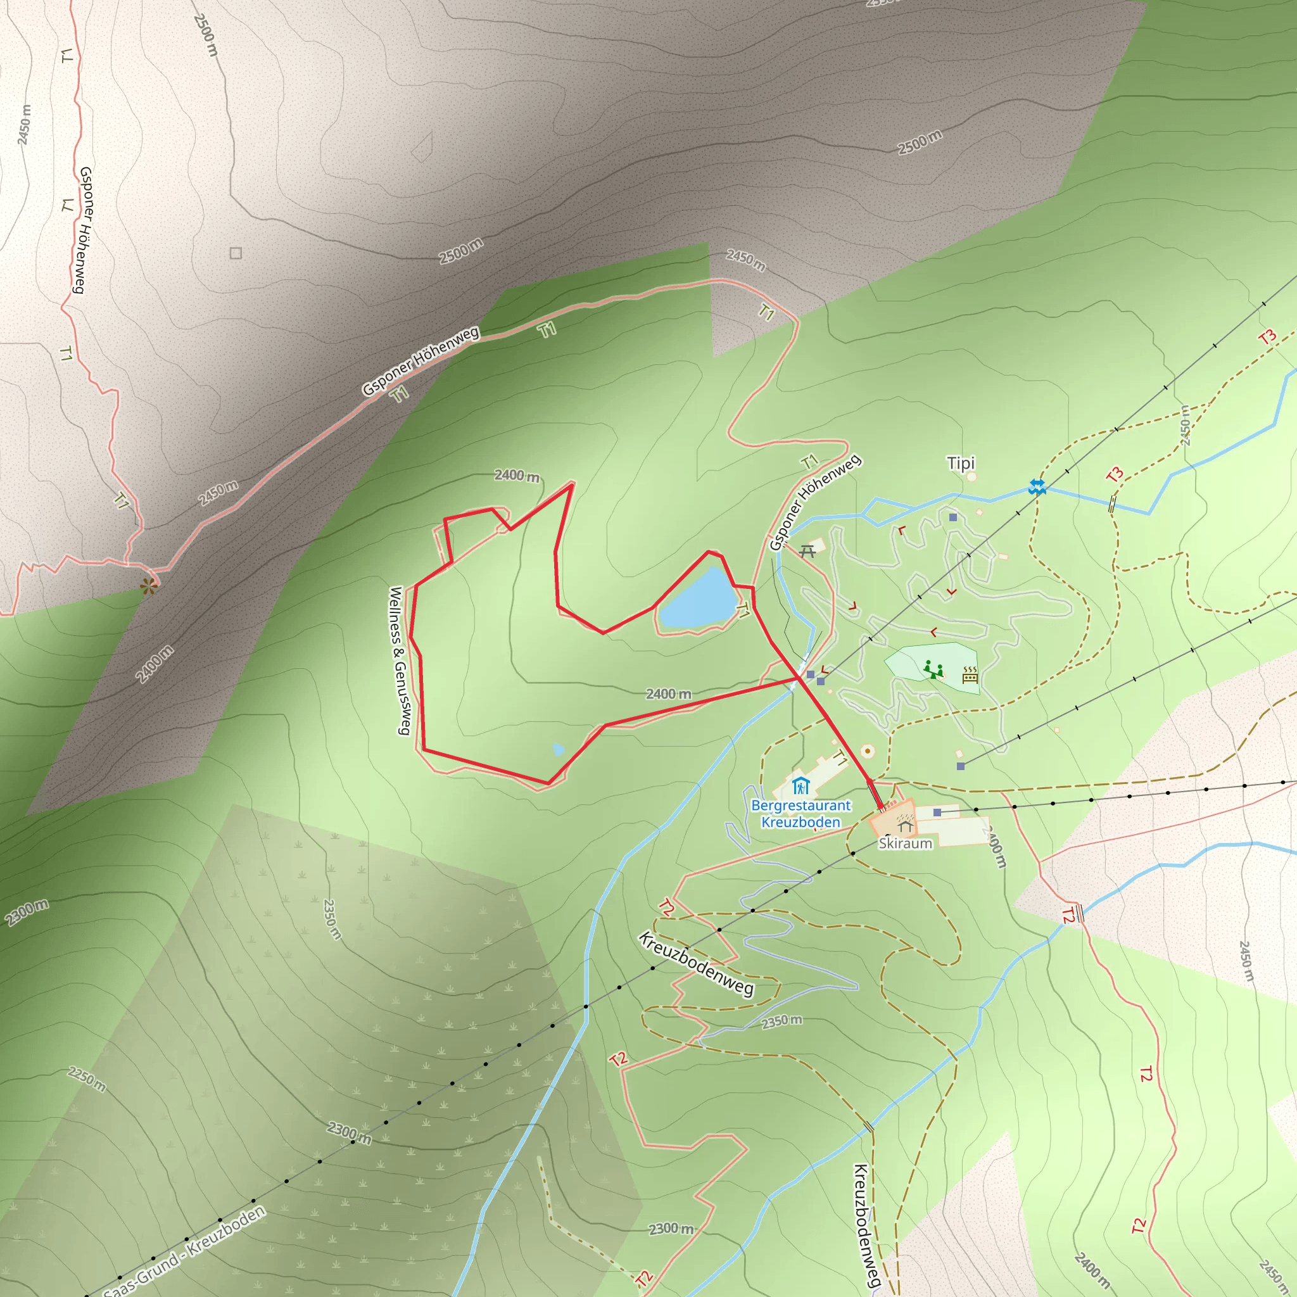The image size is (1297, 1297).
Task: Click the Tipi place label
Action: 960,463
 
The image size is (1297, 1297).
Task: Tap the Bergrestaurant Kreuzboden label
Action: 800,814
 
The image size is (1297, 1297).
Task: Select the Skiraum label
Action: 905,843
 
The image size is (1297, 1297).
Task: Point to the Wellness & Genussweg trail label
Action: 400,661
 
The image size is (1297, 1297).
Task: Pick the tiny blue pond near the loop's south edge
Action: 558,749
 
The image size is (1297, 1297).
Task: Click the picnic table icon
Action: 807,552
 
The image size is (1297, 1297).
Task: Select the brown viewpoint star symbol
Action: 148,586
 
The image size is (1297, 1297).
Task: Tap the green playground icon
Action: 932,669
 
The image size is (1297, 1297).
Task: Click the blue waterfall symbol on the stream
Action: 1037,488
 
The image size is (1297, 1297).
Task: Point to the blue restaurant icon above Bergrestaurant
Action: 800,785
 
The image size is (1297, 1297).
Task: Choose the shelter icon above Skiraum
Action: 906,825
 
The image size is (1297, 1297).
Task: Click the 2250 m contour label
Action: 87,1080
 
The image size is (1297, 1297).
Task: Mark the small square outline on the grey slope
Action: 236,253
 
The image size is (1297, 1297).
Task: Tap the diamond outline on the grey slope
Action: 422,147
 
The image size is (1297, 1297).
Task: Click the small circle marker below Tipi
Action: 971,478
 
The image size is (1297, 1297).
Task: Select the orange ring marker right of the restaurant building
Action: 868,750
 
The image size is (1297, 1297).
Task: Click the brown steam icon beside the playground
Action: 970,674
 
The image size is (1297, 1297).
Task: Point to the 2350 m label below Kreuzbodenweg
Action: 781,1022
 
